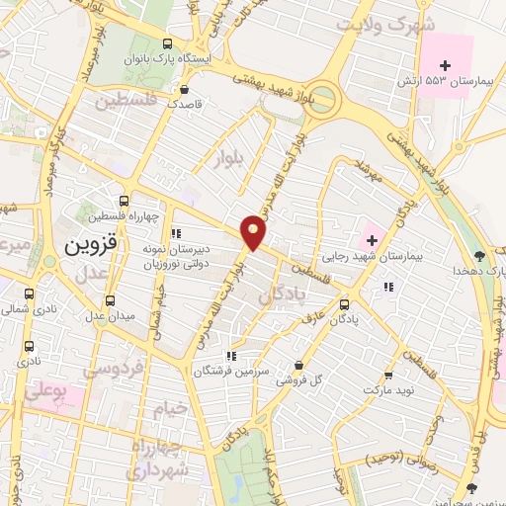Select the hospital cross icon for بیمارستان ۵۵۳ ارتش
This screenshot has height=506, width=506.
[x=445, y=64]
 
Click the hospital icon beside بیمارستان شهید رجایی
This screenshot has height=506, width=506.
[x=372, y=237]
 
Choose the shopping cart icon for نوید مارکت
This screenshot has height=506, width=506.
[x=388, y=375]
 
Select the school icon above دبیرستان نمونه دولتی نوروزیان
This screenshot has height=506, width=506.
[x=176, y=234]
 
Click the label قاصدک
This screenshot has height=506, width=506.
[x=185, y=103]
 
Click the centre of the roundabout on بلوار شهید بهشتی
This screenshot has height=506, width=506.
[x=322, y=99]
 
